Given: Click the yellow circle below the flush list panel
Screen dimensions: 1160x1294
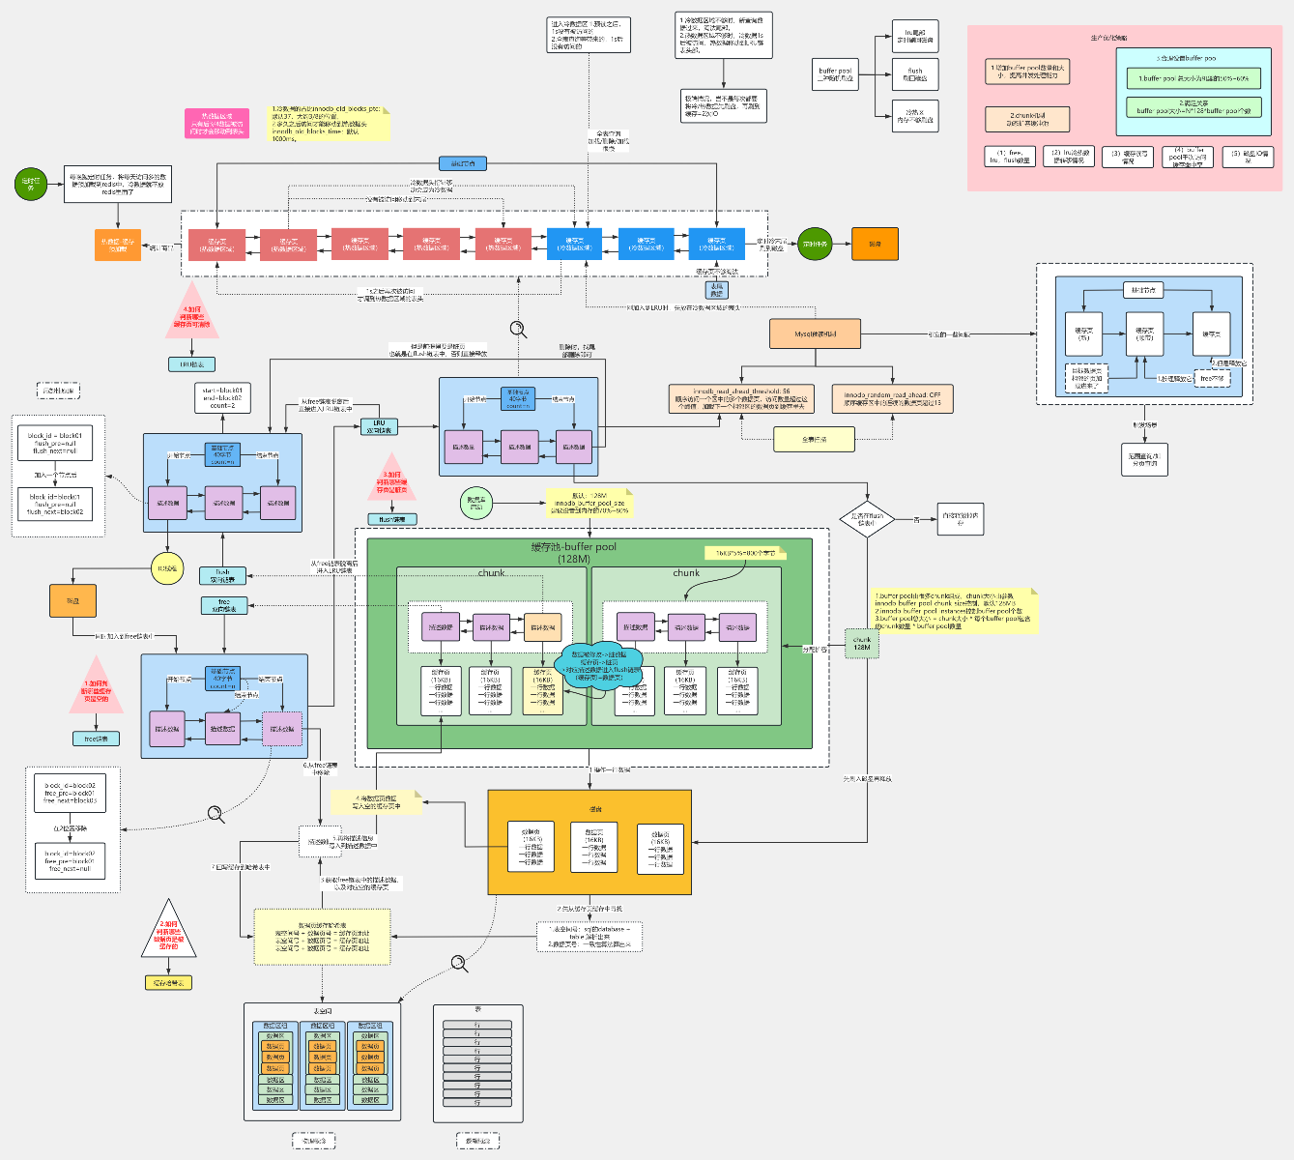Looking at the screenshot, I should click(x=166, y=568).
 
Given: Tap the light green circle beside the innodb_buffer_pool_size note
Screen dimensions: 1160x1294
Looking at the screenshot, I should click(x=476, y=503).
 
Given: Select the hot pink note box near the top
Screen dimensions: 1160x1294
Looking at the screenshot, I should click(x=217, y=123).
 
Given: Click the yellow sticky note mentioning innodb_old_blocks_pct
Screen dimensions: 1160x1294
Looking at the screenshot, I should click(x=329, y=124).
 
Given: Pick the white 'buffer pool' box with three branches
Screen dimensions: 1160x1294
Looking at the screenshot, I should click(x=836, y=74).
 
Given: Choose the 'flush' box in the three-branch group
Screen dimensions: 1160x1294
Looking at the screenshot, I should click(x=915, y=73).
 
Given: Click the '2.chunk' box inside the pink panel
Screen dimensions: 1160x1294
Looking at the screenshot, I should click(x=1027, y=119).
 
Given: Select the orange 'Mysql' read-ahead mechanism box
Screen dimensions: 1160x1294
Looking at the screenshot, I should click(x=816, y=333).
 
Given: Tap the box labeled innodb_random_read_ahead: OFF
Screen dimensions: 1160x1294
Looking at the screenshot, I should click(x=892, y=398).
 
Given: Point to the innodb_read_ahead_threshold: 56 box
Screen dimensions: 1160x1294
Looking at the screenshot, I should click(x=741, y=398).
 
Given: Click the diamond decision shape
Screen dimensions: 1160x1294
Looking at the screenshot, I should click(x=866, y=519).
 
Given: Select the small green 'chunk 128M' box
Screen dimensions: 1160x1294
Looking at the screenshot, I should click(x=861, y=643).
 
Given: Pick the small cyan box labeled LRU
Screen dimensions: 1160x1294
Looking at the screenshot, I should click(x=379, y=424).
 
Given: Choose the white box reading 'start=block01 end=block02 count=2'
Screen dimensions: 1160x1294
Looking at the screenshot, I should click(x=222, y=397).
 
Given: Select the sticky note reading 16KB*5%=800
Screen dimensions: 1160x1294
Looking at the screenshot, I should click(x=745, y=553).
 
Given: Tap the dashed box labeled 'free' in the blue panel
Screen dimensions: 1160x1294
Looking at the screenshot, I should click(x=1213, y=378).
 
